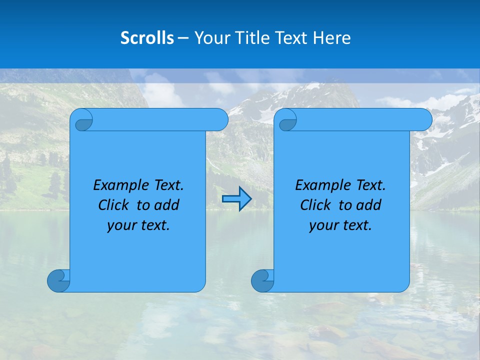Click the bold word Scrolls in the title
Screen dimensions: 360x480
tap(147, 38)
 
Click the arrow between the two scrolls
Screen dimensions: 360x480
tap(236, 199)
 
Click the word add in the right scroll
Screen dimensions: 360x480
tap(370, 205)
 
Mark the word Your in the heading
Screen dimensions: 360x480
tap(208, 38)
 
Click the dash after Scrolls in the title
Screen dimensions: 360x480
tap(183, 38)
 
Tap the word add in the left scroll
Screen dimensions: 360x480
tap(168, 205)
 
